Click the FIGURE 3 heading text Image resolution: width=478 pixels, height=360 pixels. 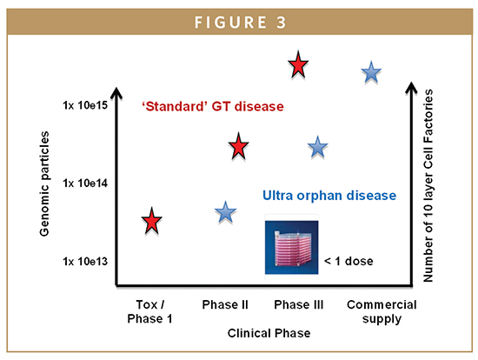tap(240, 23)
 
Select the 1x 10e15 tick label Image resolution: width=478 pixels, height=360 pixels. tap(85, 105)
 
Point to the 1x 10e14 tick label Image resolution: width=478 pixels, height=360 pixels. tap(85, 183)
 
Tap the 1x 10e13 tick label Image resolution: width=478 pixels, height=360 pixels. tap(85, 262)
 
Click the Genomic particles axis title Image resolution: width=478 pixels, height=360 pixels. tap(44, 183)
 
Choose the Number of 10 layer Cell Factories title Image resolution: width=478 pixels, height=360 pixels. tap(428, 185)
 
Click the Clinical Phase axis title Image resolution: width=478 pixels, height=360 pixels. tap(269, 333)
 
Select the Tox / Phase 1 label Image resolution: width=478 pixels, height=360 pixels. tap(149, 311)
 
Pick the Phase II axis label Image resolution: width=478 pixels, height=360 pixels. tap(225, 304)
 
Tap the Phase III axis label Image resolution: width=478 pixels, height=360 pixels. tap(298, 304)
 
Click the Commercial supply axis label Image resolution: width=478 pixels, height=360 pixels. tap(382, 312)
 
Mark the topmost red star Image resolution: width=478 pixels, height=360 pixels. tap(298, 65)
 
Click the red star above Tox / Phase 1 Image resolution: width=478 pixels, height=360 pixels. tap(151, 221)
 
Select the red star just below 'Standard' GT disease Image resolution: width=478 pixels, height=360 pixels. tap(238, 146)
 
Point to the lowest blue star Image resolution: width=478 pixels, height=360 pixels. tap(226, 212)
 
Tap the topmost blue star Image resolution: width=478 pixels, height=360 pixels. tap(371, 73)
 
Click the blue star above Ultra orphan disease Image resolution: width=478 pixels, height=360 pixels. tap(317, 147)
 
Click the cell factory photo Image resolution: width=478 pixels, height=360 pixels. tap(292, 248)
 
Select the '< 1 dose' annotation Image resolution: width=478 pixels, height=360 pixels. tap(349, 261)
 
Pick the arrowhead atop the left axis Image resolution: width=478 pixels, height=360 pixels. tap(116, 93)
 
